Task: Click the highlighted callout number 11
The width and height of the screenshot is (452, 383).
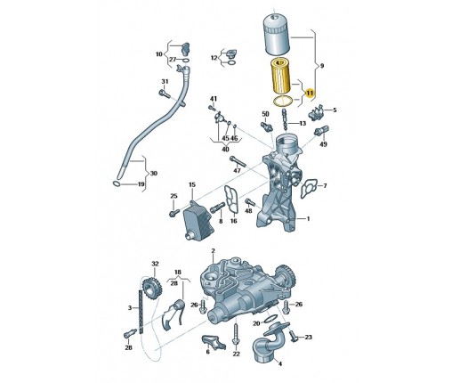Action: point(310,93)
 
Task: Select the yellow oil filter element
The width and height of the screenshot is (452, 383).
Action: point(281,76)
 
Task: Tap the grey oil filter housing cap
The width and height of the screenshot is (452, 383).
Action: point(277,35)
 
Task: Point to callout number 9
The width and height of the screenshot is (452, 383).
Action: point(322,66)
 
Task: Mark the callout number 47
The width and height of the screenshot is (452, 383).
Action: point(237,170)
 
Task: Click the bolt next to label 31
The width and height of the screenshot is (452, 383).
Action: point(165,94)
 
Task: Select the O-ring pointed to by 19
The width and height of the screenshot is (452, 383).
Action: point(117,183)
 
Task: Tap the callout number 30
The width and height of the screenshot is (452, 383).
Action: point(154,173)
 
